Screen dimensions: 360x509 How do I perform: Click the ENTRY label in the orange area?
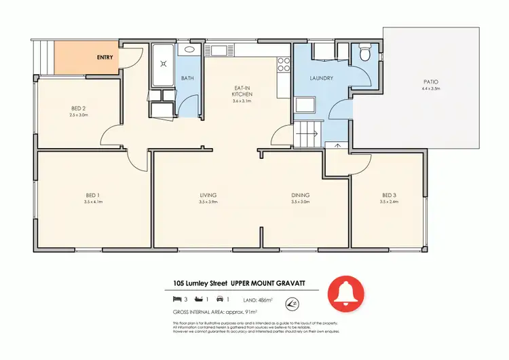click(105, 58)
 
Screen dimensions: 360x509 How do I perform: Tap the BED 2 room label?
click(79, 108)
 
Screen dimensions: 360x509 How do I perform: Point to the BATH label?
click(187, 78)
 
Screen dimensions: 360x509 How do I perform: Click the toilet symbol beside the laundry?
click(364, 52)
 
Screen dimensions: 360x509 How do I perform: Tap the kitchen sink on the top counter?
click(221, 50)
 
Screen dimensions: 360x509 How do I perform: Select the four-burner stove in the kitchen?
click(283, 65)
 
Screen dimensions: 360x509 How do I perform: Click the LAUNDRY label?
click(321, 78)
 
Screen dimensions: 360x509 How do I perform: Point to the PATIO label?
click(431, 82)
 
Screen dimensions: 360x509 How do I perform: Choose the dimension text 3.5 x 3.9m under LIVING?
click(208, 202)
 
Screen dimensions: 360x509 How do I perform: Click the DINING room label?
click(300, 194)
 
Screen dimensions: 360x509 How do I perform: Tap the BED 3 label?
click(389, 194)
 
